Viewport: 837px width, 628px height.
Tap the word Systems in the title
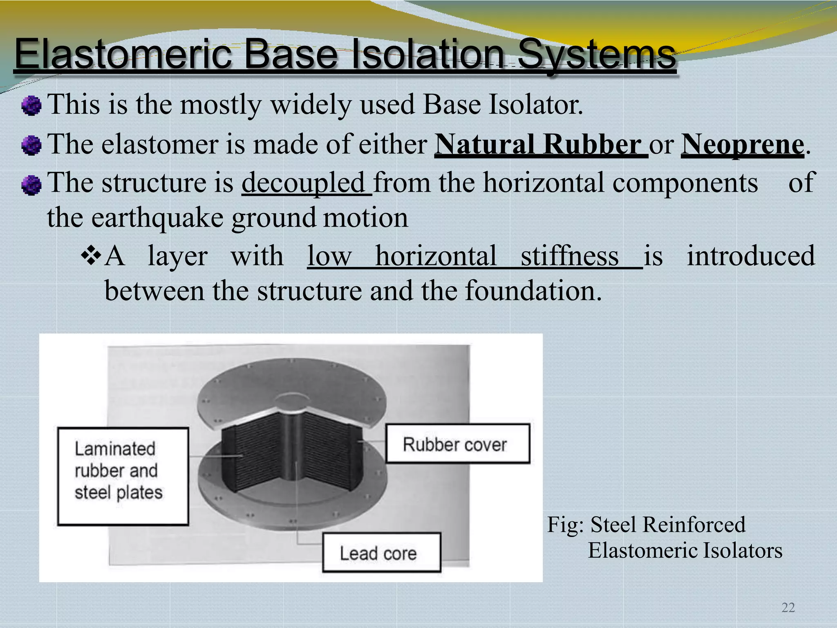point(596,54)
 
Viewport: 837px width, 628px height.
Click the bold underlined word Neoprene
point(742,144)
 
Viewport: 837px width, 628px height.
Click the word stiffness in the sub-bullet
point(569,256)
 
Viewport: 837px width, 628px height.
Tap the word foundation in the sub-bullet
point(533,291)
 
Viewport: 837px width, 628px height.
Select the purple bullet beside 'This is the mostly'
point(31,106)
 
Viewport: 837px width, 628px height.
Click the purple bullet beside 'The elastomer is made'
point(31,146)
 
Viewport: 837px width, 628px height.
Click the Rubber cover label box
point(458,444)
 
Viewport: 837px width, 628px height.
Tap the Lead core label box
point(381,552)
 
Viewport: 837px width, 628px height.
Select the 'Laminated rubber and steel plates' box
point(123,476)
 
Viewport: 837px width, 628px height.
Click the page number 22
point(788,608)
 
